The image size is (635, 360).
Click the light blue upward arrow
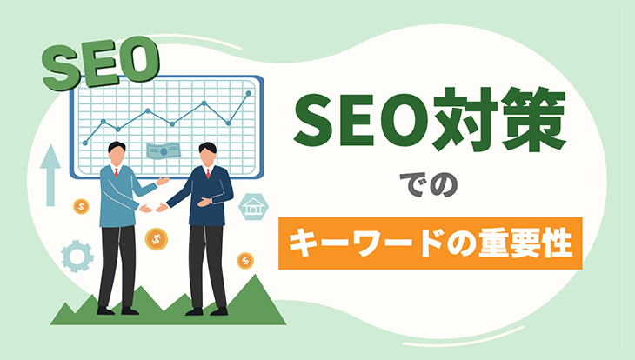pyautogui.click(x=50, y=175)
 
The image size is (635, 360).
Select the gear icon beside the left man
pyautogui.click(x=77, y=256)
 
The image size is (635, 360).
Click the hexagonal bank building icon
pyautogui.click(x=253, y=207)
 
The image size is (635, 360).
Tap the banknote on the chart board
pyautogui.click(x=164, y=151)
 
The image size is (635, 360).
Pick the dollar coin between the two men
pyautogui.click(x=157, y=239)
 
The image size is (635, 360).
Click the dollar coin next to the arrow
pyautogui.click(x=81, y=207)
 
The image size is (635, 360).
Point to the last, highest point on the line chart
pyautogui.click(x=248, y=94)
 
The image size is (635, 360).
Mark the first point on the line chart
pyautogui.click(x=85, y=143)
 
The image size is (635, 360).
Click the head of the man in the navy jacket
pyautogui.click(x=208, y=154)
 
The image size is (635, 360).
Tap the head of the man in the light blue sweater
pyautogui.click(x=117, y=153)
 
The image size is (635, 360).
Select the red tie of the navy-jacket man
pyautogui.click(x=208, y=173)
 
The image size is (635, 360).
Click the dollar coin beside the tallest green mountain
pyautogui.click(x=245, y=261)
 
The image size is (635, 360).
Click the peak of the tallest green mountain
pyautogui.click(x=256, y=275)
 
